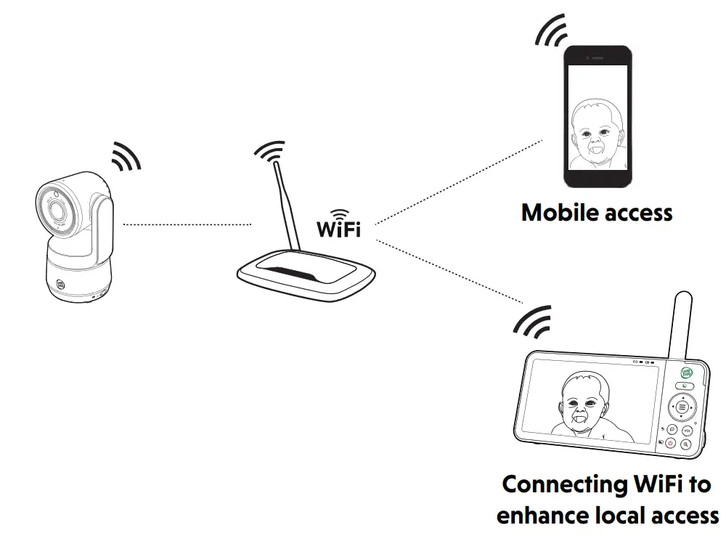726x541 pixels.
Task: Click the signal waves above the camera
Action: [x=126, y=155]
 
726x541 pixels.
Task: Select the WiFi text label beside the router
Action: [x=338, y=228]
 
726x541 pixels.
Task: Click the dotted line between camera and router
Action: [x=187, y=225]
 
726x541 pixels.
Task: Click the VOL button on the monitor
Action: [x=688, y=430]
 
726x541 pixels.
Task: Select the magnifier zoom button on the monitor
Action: [x=685, y=444]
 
